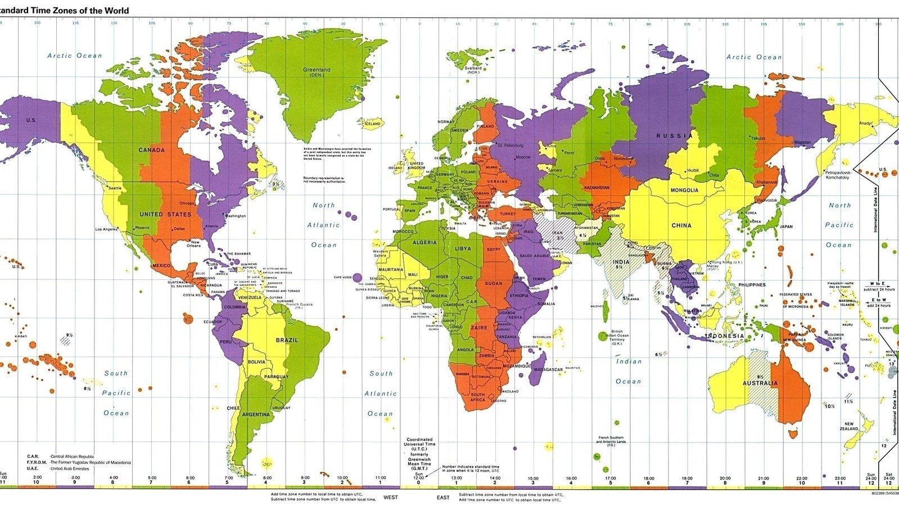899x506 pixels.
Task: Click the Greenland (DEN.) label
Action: [317, 72]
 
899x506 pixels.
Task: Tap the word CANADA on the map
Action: [152, 150]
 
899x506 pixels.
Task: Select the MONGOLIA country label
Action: [684, 190]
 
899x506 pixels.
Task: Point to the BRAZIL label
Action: [287, 340]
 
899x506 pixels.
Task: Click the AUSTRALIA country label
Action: [760, 383]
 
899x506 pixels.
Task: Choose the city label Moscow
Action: [523, 157]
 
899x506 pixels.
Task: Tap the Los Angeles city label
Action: [106, 229]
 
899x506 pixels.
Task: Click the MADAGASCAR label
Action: [548, 369]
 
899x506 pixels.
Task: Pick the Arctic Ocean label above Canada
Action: [75, 56]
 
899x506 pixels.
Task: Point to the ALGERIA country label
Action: [424, 242]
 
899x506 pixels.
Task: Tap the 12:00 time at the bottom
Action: [418, 478]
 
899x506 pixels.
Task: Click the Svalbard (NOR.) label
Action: [473, 70]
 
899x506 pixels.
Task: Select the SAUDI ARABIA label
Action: [534, 256]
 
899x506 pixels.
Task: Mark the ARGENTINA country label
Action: [256, 414]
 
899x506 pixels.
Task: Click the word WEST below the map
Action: [390, 498]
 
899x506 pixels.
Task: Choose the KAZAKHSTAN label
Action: [597, 188]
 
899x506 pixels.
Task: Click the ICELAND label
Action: [372, 124]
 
